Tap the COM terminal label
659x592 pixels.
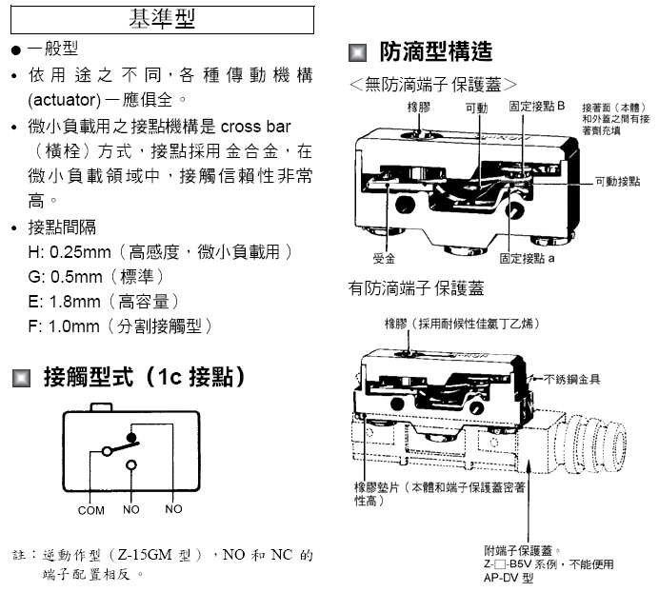pyautogui.click(x=91, y=510)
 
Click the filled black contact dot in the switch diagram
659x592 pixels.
pyautogui.click(x=132, y=438)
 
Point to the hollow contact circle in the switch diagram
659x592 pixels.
pyautogui.click(x=132, y=464)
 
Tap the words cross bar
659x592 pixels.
pyautogui.click(x=256, y=127)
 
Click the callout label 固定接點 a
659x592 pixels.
pyautogui.click(x=527, y=258)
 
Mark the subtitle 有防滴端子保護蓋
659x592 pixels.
pyautogui.click(x=416, y=287)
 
